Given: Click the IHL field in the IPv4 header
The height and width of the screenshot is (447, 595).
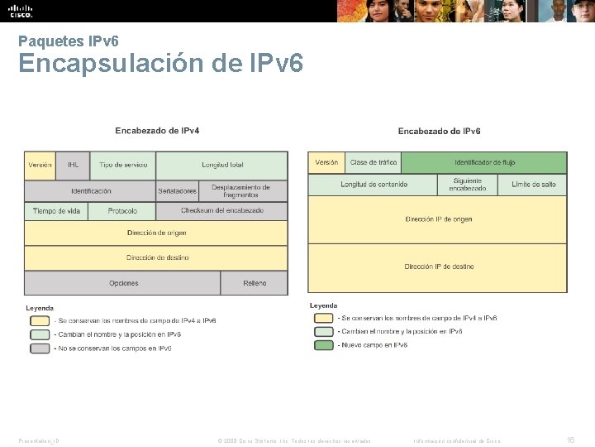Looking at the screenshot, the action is pos(73,166).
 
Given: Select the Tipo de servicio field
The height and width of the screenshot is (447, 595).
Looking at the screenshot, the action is pos(122,166).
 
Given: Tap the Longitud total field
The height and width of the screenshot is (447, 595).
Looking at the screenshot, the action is pos(221,166).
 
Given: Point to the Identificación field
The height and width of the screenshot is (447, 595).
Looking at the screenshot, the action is pos(90,191).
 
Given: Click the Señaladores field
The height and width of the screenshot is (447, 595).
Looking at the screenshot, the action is pos(177,191).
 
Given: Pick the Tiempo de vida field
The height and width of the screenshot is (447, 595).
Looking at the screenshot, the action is pos(56,211).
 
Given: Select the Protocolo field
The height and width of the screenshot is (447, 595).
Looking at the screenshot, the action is pos(122,211).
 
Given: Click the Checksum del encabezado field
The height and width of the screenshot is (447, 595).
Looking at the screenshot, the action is pos(221,211).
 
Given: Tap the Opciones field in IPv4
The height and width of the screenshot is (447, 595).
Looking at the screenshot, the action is pos(123,283).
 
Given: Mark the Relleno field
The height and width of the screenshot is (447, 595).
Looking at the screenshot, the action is pos(255,283).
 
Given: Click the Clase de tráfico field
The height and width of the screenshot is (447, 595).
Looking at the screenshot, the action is pos(374,162).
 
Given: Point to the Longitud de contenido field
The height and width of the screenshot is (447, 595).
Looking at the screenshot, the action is pos(374,185).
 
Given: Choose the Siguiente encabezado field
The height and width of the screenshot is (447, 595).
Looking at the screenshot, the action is pos(468,185).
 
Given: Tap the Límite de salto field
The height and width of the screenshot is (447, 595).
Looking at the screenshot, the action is pos(533,185).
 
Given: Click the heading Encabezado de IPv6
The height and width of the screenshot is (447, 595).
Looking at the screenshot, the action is pos(439,131).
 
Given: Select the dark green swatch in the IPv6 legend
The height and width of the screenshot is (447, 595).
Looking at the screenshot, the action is pos(323,345).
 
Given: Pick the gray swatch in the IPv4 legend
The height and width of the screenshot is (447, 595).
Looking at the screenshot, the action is pos(40,348).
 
